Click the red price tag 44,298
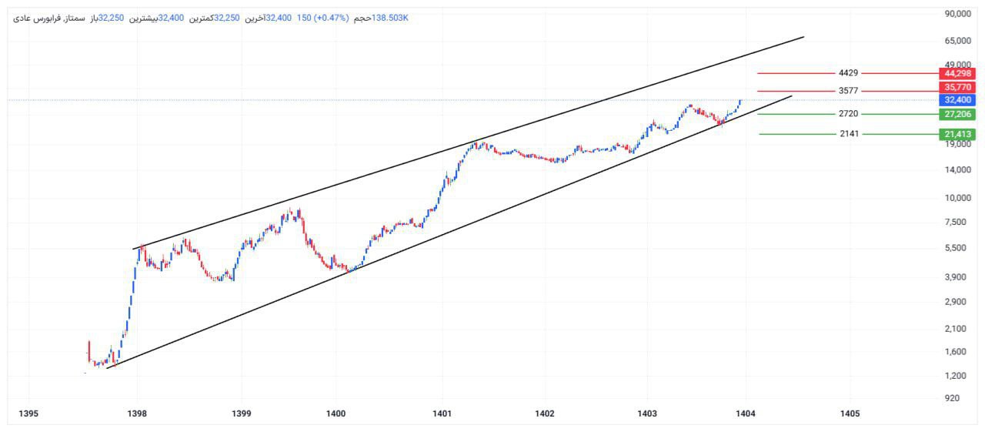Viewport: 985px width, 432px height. (958, 73)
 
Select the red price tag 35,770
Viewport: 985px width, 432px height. (958, 87)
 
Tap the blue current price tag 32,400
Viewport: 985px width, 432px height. (958, 100)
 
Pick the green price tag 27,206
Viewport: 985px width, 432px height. (958, 114)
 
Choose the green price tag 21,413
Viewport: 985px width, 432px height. (958, 134)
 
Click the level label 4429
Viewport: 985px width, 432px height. (848, 73)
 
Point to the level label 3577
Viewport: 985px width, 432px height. (848, 91)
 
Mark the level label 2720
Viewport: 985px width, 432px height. (848, 114)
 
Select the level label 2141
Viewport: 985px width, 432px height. (848, 134)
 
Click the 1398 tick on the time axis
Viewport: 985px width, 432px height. (138, 414)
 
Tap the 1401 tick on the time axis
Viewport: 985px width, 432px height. (442, 414)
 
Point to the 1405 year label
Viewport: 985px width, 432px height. (850, 414)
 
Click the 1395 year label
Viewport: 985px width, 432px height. (28, 414)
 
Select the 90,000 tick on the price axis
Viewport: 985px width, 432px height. (958, 14)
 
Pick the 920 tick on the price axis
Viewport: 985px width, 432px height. (951, 398)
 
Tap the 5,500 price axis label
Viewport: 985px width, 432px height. (956, 248)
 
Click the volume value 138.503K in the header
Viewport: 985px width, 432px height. (390, 18)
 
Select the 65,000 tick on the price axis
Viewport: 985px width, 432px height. (958, 41)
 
